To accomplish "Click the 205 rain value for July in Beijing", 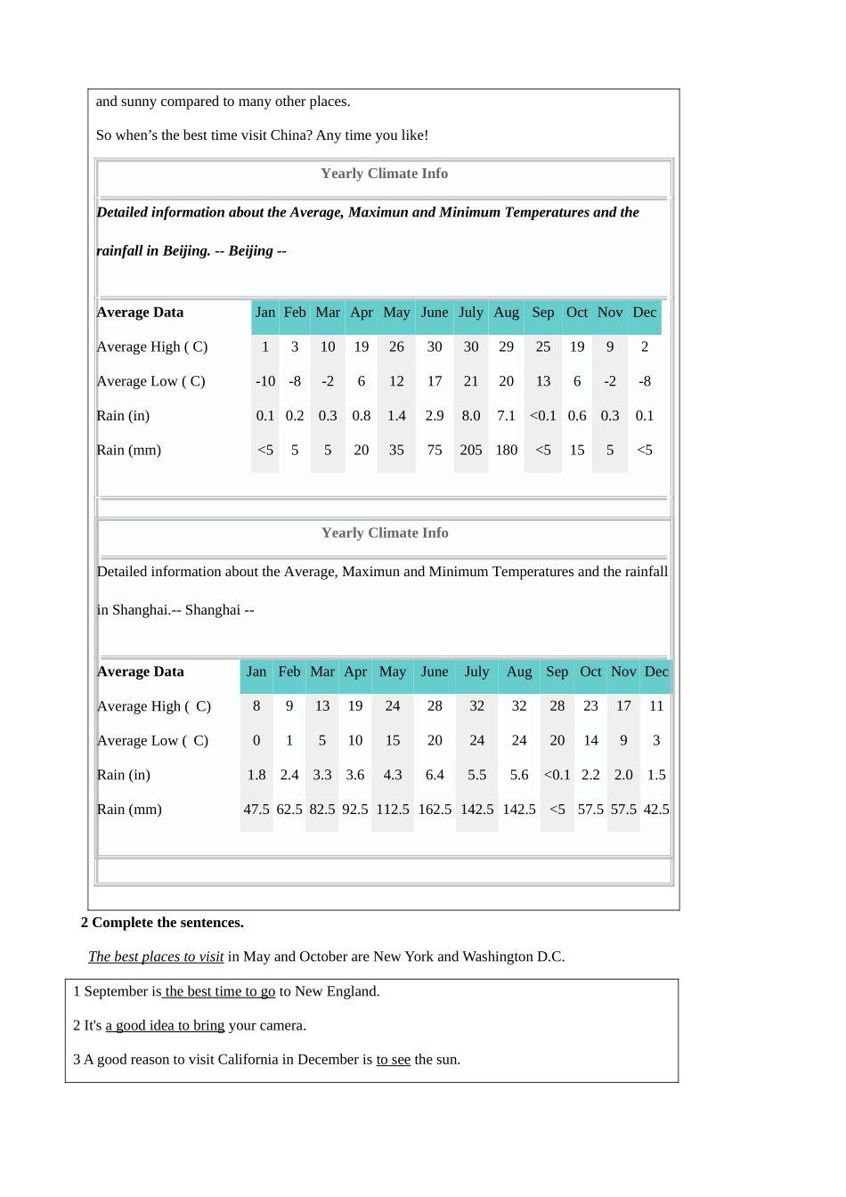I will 471,451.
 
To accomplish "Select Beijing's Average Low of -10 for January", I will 265,381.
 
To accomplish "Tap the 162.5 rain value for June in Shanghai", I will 435,810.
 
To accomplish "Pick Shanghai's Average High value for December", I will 656,706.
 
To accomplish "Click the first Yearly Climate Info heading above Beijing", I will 384,174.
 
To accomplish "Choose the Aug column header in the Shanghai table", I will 519,672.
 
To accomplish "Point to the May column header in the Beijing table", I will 396,313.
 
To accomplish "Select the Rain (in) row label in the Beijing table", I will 123,416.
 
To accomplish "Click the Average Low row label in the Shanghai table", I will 152,741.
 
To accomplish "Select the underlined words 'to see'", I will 393,1060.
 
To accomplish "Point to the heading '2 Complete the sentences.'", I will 162,923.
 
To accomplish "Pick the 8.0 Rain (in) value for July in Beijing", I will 471,416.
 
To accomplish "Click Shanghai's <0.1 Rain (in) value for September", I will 557,775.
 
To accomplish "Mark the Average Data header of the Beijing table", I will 141,313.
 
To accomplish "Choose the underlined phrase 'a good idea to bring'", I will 165,1026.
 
